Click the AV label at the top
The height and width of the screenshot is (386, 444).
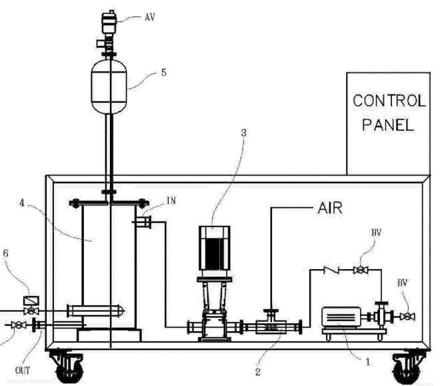pyautogui.click(x=150, y=17)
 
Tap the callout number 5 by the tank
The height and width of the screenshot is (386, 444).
pyautogui.click(x=164, y=73)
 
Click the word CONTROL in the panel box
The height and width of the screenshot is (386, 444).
pyautogui.click(x=389, y=101)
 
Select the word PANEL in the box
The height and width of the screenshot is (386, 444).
pyautogui.click(x=388, y=124)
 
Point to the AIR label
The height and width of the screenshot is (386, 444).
pyautogui.click(x=330, y=208)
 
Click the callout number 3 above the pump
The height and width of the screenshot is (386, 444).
pyautogui.click(x=243, y=133)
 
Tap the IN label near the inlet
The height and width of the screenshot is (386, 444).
pyautogui.click(x=171, y=200)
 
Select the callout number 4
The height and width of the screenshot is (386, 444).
pyautogui.click(x=22, y=203)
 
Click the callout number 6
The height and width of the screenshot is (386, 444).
pyautogui.click(x=5, y=253)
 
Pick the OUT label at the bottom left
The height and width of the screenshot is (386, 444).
pyautogui.click(x=23, y=371)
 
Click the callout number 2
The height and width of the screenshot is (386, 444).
pyautogui.click(x=258, y=372)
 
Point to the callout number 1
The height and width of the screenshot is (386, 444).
pyautogui.click(x=368, y=362)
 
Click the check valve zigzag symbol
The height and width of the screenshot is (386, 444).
pyautogui.click(x=331, y=270)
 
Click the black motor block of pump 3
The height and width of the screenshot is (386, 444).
pyautogui.click(x=214, y=254)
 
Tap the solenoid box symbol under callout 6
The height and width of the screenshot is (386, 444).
pyautogui.click(x=31, y=301)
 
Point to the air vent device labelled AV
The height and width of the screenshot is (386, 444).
pyautogui.click(x=109, y=22)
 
